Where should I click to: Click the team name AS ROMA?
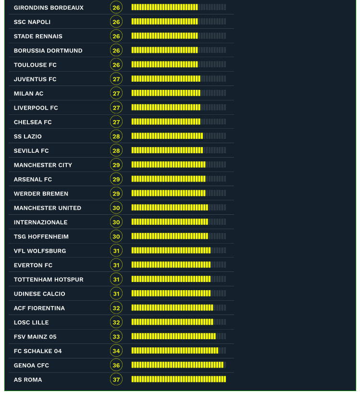point(28,380)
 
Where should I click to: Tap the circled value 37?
point(116,380)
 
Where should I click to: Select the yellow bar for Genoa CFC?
point(177,365)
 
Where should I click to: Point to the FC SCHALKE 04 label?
point(38,351)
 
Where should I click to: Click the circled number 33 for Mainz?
point(116,337)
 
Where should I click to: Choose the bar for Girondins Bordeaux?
point(164,7)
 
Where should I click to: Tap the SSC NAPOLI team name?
point(32,22)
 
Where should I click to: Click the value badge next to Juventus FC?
point(116,79)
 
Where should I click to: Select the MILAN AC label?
point(29,94)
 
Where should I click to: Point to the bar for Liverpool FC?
point(166,108)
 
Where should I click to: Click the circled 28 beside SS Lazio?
point(116,136)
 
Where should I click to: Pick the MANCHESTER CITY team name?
point(43,165)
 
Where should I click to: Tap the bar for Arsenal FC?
point(168,179)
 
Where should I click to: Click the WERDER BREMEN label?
point(41,194)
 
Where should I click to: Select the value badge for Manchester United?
point(116,208)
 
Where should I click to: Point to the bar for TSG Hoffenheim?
point(170,236)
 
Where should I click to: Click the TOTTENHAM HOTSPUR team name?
point(49,280)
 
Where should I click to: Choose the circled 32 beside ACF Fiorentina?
point(116,308)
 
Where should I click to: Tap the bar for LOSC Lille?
point(172,322)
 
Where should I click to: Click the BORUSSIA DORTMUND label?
point(48,50)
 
